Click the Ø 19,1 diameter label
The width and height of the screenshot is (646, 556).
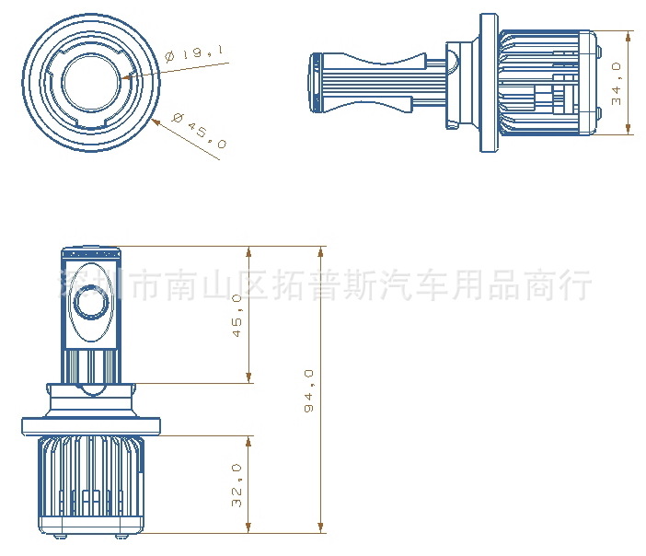pos(196,55)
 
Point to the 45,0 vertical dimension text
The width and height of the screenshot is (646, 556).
pos(236,315)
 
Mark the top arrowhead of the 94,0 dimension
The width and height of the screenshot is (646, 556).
pos(321,249)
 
